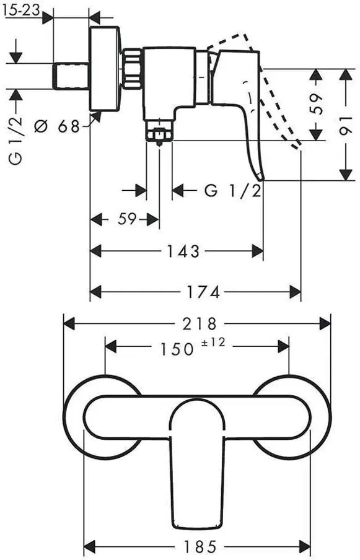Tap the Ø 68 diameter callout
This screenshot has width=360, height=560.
[57, 126]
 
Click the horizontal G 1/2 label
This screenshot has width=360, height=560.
[233, 191]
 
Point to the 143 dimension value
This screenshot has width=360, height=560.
[183, 251]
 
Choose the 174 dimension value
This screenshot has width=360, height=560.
[203, 292]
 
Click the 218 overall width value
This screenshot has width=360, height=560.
[200, 323]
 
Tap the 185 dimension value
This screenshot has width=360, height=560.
[200, 546]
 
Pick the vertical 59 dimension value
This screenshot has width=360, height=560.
[316, 103]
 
